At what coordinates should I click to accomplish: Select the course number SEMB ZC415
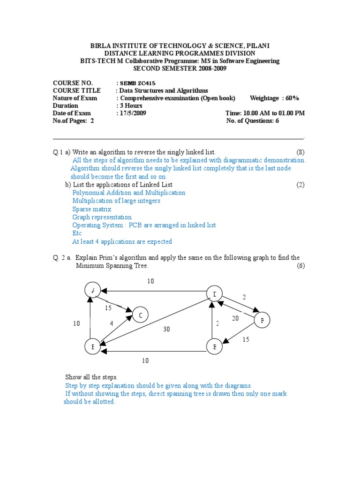tap(138, 83)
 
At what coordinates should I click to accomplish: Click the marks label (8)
tap(300, 152)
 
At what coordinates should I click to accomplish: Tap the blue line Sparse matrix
tap(91, 209)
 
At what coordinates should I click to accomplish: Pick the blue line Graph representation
tap(102, 217)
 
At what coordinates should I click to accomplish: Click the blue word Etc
tap(77, 233)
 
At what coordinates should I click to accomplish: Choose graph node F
tap(262, 321)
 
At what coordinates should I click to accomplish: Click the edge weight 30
tap(166, 329)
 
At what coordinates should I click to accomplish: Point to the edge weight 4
tap(112, 323)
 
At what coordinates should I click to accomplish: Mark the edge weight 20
tap(236, 318)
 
